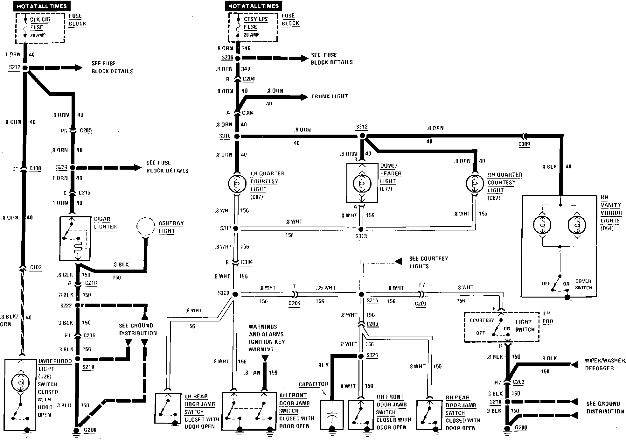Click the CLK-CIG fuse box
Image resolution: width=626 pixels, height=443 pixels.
40,28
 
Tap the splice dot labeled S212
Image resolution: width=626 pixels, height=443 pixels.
25,68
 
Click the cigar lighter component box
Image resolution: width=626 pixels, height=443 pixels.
75,239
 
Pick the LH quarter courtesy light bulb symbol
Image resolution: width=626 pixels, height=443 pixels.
237,184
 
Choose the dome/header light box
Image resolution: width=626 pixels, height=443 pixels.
362,183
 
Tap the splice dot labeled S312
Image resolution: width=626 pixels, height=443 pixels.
362,136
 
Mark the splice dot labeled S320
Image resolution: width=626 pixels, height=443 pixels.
235,294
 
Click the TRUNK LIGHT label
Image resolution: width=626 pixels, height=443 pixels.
329,96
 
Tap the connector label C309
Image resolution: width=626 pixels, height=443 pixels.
524,144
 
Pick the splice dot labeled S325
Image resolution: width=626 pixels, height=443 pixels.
361,356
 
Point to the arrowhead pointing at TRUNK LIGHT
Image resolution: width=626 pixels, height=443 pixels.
304,97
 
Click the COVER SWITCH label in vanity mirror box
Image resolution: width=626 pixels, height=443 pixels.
583,285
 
